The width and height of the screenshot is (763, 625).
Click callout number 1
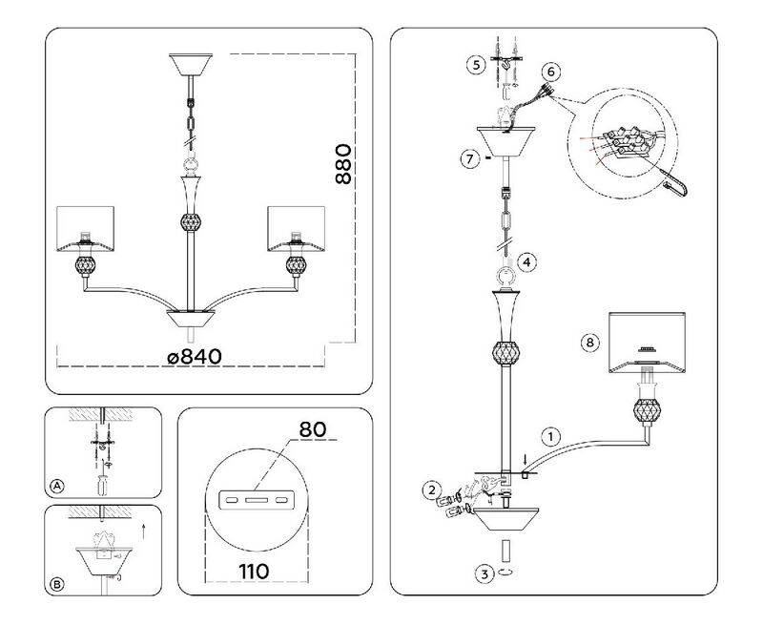point(549,436)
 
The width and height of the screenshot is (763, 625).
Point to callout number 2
point(432,490)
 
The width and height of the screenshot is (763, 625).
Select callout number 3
point(486,573)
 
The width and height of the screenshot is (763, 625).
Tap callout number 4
point(526,260)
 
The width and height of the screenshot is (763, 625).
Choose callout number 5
point(475,65)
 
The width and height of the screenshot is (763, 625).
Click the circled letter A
point(57,486)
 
